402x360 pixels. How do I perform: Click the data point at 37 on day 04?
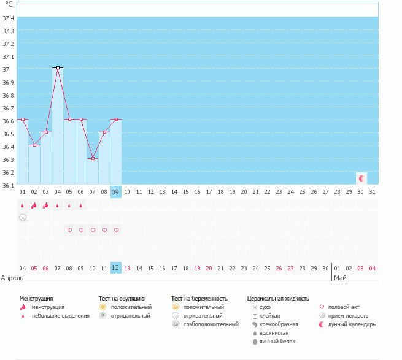(58, 68)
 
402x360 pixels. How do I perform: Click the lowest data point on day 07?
(93, 158)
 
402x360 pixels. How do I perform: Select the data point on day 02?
(34, 145)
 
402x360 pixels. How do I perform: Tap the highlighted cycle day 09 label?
(115, 192)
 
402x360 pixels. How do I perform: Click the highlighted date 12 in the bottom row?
(115, 268)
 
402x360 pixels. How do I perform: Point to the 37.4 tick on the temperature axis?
(9, 18)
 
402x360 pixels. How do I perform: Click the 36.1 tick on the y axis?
(9, 185)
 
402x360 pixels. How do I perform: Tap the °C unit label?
(9, 4)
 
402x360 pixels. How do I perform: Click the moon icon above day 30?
(361, 178)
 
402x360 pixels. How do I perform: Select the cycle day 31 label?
(372, 192)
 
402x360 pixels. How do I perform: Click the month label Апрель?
(12, 278)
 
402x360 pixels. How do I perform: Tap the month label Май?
(339, 278)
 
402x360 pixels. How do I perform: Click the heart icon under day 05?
(69, 230)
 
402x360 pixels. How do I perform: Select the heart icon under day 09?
(116, 230)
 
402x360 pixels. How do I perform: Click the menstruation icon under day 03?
(46, 205)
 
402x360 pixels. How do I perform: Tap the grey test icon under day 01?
(23, 217)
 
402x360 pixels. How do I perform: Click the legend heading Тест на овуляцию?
(122, 298)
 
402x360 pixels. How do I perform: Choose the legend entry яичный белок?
(277, 341)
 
